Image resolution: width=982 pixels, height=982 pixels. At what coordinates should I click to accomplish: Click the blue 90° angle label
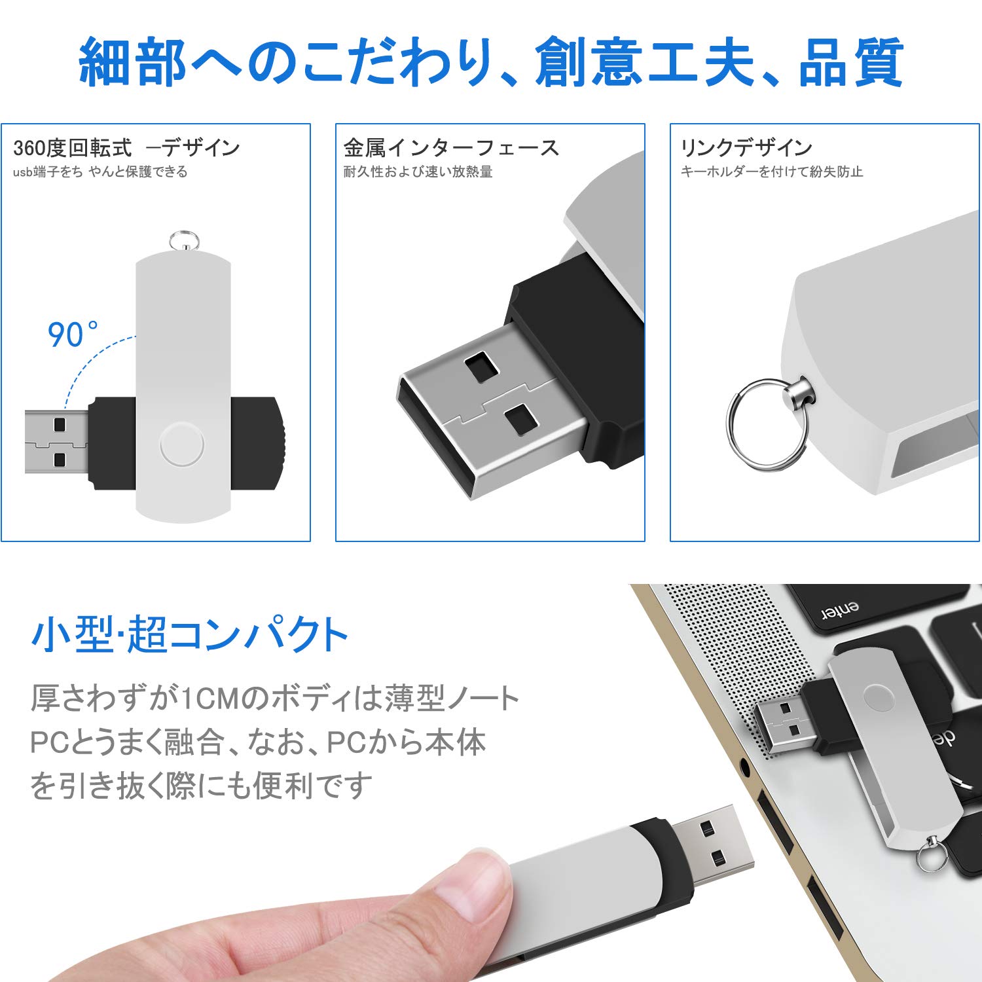[72, 335]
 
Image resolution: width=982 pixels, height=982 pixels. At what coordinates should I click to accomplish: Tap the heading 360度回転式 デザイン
[126, 148]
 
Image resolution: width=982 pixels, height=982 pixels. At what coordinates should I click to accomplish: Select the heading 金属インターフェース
[451, 148]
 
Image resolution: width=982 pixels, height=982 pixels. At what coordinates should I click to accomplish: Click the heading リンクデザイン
[746, 148]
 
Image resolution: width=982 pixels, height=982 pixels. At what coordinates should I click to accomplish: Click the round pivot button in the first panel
[181, 444]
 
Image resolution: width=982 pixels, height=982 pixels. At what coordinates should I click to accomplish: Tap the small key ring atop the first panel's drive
[184, 241]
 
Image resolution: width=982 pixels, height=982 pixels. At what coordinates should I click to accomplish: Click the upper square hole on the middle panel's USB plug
[482, 367]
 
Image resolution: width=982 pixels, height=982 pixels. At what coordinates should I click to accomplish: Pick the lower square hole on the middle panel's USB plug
[521, 419]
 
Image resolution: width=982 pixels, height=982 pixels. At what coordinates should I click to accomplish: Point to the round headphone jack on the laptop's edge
[744, 764]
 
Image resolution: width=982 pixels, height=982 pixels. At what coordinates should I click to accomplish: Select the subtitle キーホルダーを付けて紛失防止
[772, 172]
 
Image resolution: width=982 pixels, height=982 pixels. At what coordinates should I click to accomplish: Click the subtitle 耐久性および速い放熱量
[418, 172]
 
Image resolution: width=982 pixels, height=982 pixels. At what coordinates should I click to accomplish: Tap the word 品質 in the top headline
[851, 63]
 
